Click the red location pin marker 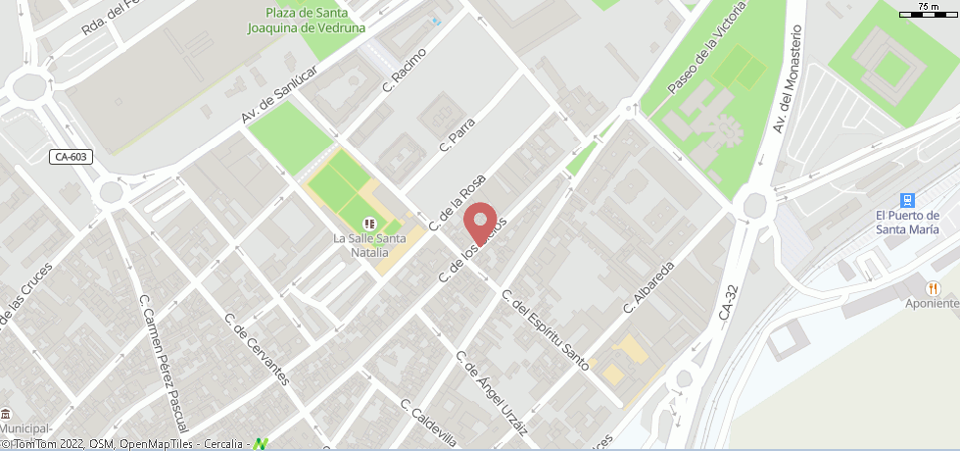click(480, 222)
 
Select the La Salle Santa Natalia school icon click(368, 224)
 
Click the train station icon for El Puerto click(907, 199)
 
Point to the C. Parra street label click(457, 135)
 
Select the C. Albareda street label click(649, 287)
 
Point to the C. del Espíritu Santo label click(545, 330)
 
